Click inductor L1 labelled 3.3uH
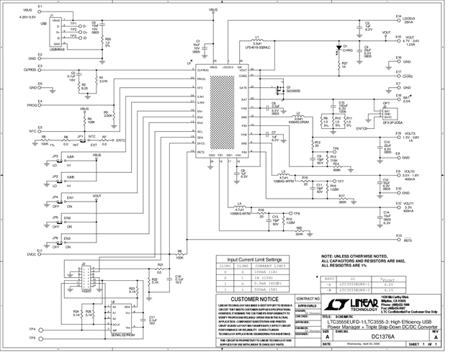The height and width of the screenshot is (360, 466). click(x=257, y=42)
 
